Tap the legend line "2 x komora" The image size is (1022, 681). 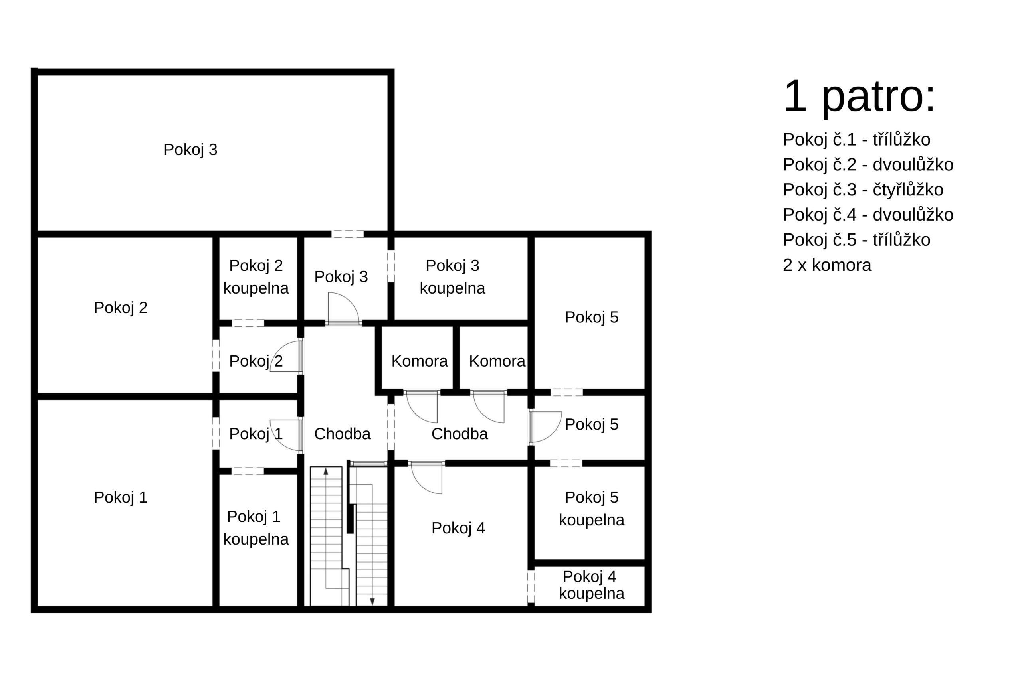coord(827,265)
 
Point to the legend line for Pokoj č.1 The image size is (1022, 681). coord(856,139)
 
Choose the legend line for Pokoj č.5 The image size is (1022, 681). coord(856,240)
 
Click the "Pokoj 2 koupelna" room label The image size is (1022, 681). coord(256,276)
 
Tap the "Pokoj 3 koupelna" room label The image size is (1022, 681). coord(452,276)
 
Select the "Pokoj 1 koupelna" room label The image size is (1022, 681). coord(256,528)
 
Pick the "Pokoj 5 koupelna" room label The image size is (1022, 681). coord(591,509)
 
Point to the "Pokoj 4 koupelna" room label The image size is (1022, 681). coord(591,585)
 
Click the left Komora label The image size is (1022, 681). coord(419,361)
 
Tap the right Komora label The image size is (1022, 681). coord(497,361)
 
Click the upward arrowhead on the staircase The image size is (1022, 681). coord(326,471)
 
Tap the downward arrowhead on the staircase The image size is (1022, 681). coord(372,602)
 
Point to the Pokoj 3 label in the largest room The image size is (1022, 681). coord(190,149)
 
